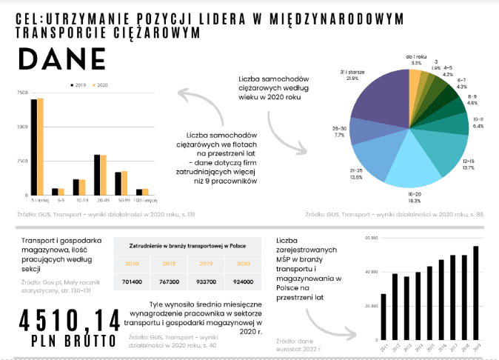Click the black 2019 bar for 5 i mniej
[x=34, y=146]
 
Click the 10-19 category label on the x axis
[x=79, y=200]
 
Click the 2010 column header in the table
[x=132, y=263]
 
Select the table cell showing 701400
[x=132, y=282]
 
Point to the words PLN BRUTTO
[x=73, y=341]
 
